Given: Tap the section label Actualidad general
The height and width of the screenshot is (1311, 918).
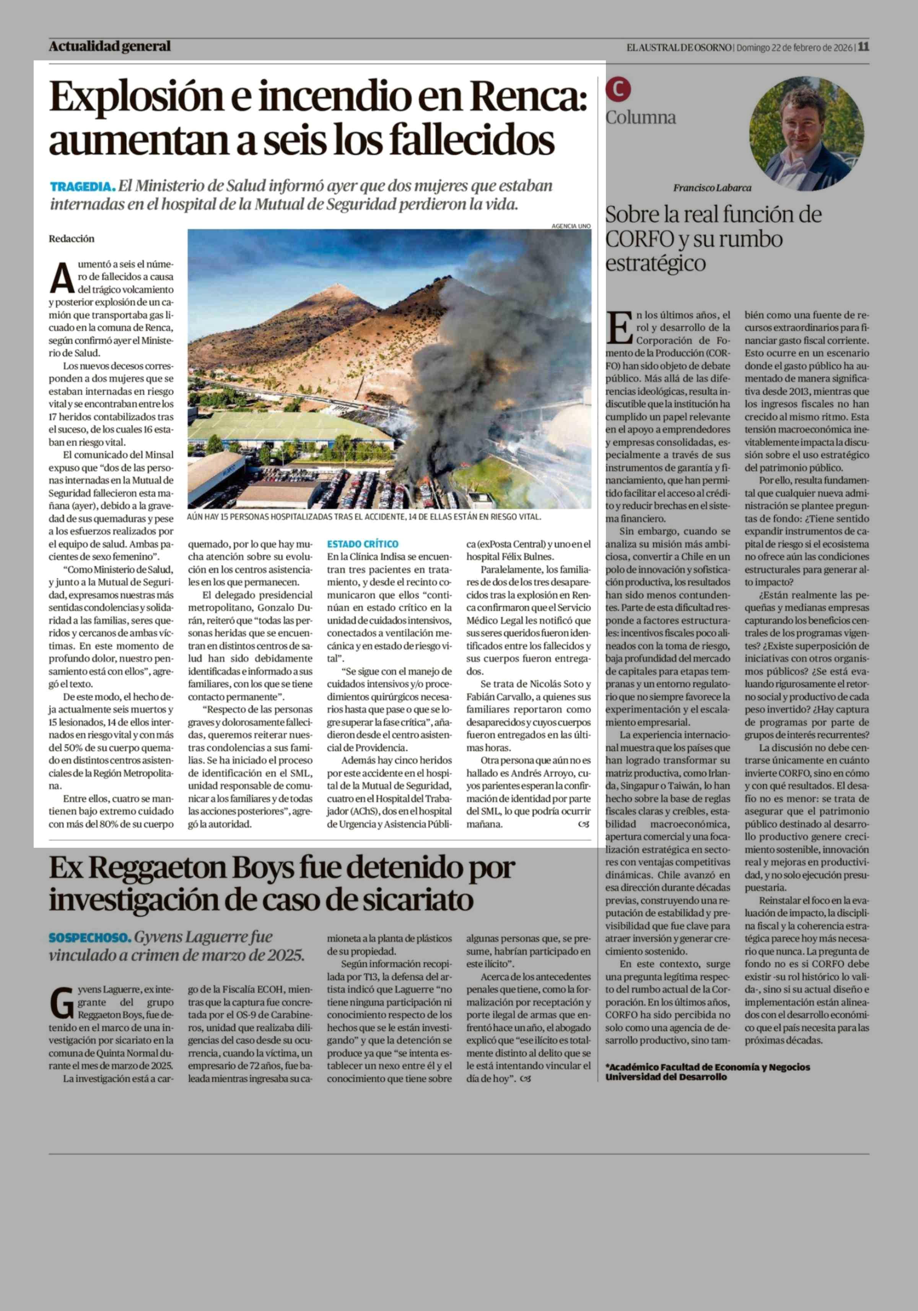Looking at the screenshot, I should (110, 46).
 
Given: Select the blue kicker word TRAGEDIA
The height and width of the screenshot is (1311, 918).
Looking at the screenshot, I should (82, 187).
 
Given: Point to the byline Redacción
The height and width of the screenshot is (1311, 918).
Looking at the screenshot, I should (72, 239).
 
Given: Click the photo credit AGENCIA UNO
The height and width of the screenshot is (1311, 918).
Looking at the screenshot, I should (571, 226).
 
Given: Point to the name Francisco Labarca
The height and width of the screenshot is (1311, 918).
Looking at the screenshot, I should (712, 188).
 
